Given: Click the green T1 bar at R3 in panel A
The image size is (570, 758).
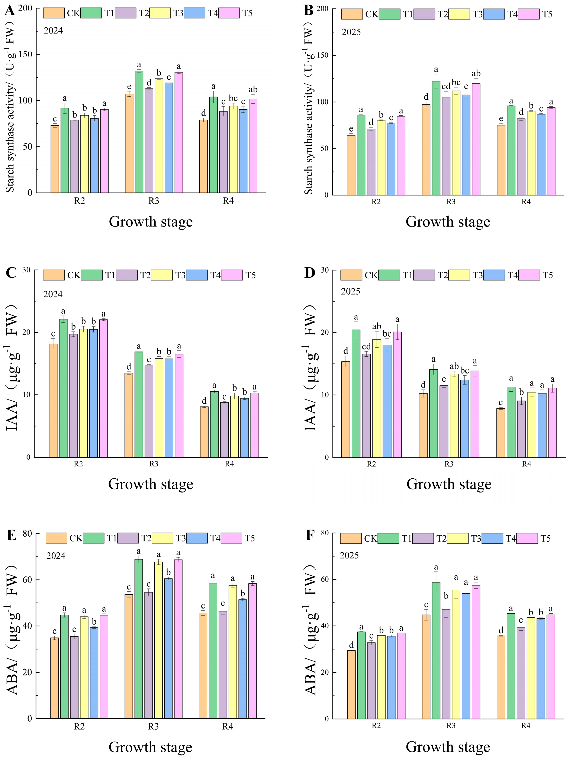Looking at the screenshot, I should click(139, 132).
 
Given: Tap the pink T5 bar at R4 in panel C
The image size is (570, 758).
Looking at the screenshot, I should click(255, 425).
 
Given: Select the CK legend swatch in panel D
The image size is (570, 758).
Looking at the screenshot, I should click(351, 275).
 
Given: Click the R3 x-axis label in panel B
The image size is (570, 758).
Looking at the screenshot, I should click(451, 202).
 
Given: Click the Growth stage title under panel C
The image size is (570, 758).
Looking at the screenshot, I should click(151, 484).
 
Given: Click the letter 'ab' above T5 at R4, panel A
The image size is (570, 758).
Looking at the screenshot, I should click(253, 90).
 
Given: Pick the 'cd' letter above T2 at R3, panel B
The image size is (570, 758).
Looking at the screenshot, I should click(446, 86).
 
